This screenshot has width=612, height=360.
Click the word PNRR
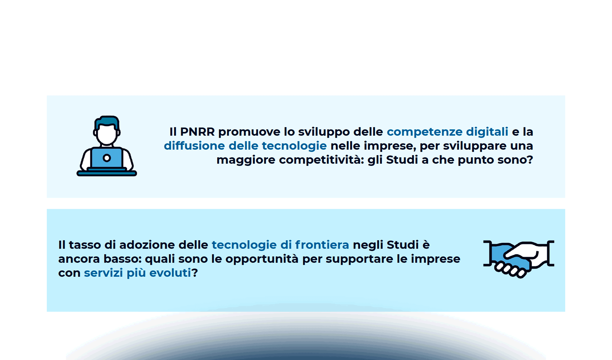click(197, 132)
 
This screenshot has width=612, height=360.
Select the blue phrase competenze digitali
click(447, 132)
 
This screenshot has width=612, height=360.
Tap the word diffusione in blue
click(194, 146)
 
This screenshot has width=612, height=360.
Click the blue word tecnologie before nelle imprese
click(294, 146)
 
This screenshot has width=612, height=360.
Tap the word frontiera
click(322, 245)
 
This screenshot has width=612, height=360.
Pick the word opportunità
click(262, 259)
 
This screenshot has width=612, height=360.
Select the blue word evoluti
click(170, 273)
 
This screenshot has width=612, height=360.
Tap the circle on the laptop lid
click(106, 158)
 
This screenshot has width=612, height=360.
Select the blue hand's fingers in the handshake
click(510, 269)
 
